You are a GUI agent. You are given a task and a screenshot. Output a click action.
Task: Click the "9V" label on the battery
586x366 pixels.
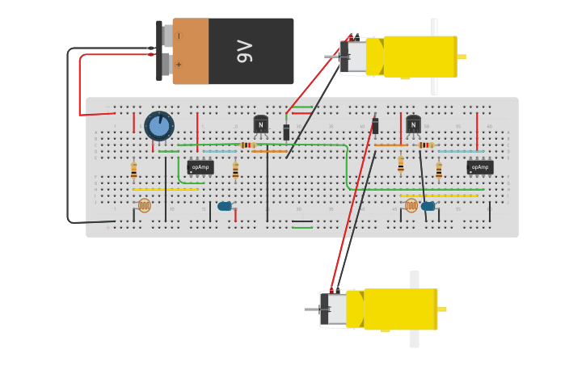tap(244, 51)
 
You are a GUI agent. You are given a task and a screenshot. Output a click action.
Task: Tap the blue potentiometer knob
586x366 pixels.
tap(159, 125)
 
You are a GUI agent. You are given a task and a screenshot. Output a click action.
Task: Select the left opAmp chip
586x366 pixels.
tap(200, 167)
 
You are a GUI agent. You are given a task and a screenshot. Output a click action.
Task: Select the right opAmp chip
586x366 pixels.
tap(480, 167)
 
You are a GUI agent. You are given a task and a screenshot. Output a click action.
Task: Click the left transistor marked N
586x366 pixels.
tap(261, 125)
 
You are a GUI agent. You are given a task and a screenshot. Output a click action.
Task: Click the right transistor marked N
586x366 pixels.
tap(413, 125)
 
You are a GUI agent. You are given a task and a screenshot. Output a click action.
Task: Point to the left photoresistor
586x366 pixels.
tap(144, 205)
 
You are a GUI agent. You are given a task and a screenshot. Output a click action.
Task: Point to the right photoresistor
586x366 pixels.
tap(411, 205)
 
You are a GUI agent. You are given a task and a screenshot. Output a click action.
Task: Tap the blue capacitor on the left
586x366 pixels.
tap(225, 206)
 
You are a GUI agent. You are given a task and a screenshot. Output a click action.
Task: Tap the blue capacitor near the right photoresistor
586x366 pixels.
tap(428, 206)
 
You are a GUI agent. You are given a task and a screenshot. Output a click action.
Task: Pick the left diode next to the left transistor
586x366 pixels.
tap(286, 132)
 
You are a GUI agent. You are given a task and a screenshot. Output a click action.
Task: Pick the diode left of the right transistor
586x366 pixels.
tap(375, 126)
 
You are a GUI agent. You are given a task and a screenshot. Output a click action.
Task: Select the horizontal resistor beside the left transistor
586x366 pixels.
tap(247, 145)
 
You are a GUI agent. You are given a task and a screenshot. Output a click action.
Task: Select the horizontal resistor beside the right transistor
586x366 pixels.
tap(426, 145)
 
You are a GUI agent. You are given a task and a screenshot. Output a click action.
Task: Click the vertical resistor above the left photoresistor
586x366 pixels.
tap(134, 170)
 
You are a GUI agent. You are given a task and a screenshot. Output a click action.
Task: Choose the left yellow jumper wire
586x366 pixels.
tap(166, 190)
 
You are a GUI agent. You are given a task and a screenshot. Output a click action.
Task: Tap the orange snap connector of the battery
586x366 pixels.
tap(191, 51)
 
